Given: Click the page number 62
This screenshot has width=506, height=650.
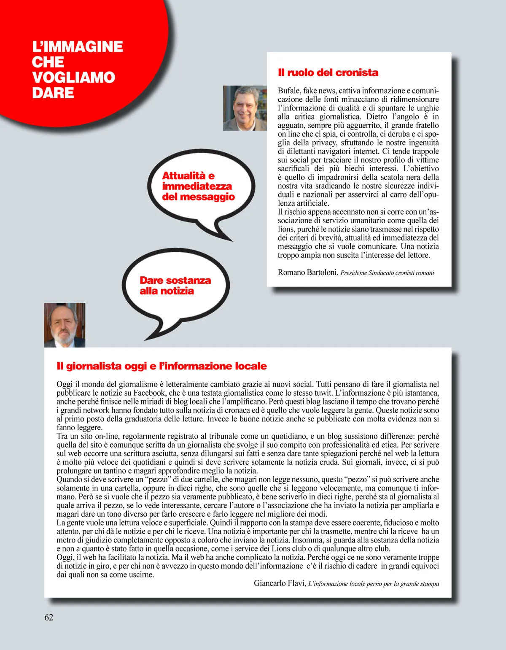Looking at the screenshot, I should pos(49,617).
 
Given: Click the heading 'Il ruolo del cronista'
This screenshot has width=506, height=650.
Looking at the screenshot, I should pos(328,73).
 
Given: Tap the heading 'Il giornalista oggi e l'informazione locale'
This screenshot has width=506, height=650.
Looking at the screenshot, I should pos(161,366).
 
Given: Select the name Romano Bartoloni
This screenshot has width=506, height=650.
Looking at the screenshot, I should pos(307,272).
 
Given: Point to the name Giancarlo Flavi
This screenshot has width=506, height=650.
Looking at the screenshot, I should pos(279,583).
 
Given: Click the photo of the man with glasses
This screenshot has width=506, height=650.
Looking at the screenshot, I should pos(245,108).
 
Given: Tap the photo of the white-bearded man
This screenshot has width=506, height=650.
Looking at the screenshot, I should pos(65,325).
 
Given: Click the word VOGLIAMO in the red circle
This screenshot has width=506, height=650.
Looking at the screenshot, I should pos(73,78).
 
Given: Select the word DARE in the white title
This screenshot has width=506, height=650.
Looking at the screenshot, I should pos(53,93).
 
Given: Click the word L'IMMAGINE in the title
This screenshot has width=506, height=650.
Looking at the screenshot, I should pos(78,47).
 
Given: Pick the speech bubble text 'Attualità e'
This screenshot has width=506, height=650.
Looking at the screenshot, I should pos(188,176).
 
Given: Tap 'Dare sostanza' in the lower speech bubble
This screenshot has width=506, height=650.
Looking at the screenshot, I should pos(175,280).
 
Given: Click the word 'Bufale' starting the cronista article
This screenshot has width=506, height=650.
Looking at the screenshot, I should pos(289,91).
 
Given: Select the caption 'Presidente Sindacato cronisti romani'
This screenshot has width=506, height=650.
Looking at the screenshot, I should pos(387,273).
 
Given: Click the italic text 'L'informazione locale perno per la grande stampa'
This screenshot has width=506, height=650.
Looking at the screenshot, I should pos(373,584).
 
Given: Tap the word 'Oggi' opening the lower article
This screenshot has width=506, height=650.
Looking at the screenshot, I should pos(65,384).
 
